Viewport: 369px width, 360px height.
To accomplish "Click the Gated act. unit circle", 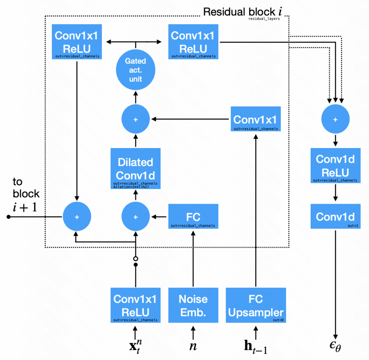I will coord(136,70).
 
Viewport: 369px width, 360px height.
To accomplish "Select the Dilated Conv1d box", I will coord(135,169).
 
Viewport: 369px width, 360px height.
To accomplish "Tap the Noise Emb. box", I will coord(193,305).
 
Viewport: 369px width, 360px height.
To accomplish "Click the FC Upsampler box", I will coord(256,305).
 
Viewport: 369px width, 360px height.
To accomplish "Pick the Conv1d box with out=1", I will coord(335,217).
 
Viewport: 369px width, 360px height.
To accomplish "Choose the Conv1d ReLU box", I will coord(335,165).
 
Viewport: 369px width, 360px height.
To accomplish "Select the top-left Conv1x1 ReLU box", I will coord(77,41).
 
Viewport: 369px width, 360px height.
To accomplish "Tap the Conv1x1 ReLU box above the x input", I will coord(136,305).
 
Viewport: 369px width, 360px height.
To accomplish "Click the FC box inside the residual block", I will coord(193,216).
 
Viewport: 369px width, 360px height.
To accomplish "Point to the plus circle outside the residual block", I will coord(335,119).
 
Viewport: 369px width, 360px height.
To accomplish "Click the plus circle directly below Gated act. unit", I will coord(136,119).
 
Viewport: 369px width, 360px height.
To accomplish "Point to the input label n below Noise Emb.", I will coord(193,346).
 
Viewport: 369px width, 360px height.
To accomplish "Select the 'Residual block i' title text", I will coord(243,12).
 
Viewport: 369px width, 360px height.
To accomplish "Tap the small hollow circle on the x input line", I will coord(136,258).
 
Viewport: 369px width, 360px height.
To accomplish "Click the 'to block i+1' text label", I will coord(26,194).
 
